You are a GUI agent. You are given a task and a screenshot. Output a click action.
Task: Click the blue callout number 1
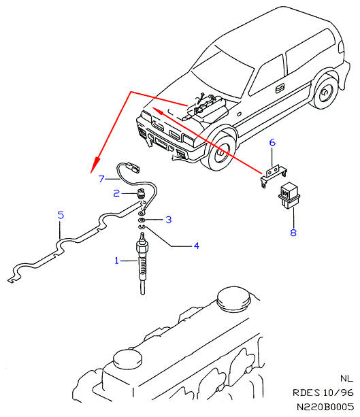tap(116, 261)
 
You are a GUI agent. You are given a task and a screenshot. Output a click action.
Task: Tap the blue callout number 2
tap(116, 193)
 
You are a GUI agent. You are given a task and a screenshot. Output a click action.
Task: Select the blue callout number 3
tap(169, 220)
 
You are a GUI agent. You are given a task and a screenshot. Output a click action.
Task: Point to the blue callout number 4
tap(197, 246)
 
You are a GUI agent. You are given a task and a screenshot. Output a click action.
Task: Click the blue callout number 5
tap(61, 215)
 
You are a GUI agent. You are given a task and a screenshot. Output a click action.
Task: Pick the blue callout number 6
tap(272, 143)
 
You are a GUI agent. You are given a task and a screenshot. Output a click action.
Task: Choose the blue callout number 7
tap(101, 179)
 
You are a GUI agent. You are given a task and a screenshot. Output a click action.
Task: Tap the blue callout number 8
tap(293, 233)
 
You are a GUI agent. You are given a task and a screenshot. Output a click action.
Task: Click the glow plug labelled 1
tap(142, 263)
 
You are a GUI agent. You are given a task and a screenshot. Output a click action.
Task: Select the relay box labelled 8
tap(289, 195)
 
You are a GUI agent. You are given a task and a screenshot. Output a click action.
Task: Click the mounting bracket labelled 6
tap(274, 175)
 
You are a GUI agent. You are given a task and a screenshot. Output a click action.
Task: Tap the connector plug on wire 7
tap(133, 168)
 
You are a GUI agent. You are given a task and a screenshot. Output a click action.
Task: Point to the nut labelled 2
tap(141, 193)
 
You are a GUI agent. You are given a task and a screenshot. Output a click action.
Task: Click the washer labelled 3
tap(142, 220)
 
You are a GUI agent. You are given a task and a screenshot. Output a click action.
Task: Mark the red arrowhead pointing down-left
tap(95, 164)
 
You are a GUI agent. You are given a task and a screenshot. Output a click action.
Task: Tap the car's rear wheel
tap(325, 93)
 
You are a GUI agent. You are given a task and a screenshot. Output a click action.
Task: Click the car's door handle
tap(280, 88)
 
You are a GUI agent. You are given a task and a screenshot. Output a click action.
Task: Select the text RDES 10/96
tap(323, 393)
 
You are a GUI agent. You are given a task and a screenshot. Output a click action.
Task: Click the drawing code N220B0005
tap(325, 407)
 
